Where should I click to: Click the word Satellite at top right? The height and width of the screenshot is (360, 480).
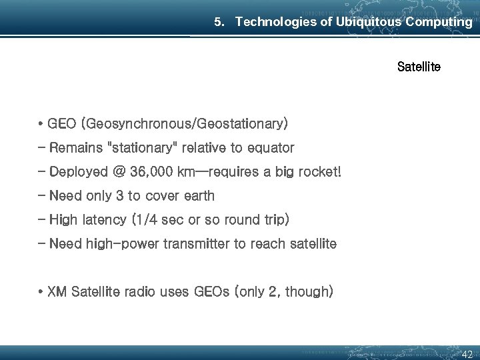pyautogui.click(x=419, y=67)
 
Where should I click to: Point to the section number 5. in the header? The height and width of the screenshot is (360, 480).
pyautogui.click(x=220, y=22)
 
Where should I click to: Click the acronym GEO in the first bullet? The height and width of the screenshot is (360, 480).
pyautogui.click(x=62, y=124)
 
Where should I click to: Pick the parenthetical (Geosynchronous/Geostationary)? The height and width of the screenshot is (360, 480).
pyautogui.click(x=184, y=124)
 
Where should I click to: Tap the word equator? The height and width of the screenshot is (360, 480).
pyautogui.click(x=271, y=147)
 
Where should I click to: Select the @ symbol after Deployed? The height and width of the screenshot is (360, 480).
pyautogui.click(x=119, y=172)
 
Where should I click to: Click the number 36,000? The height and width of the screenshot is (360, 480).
pyautogui.click(x=153, y=172)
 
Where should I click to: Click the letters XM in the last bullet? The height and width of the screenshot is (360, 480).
pyautogui.click(x=57, y=292)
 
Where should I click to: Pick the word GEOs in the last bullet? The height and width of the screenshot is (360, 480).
pyautogui.click(x=211, y=292)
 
